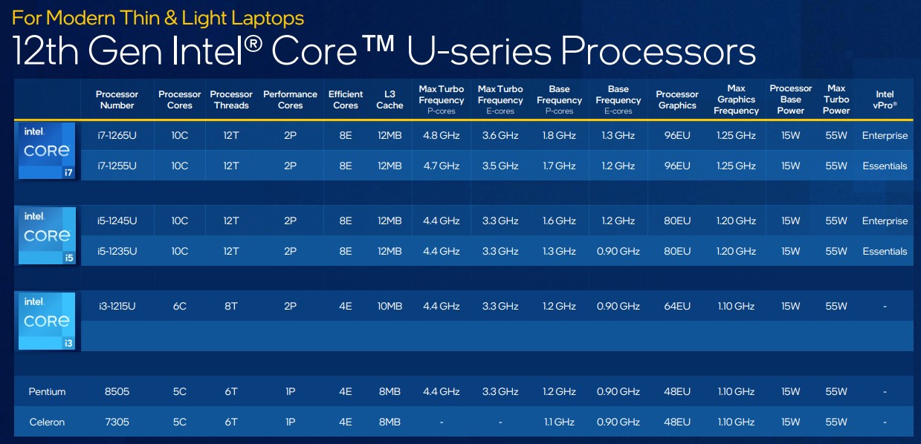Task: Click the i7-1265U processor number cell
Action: [117, 135]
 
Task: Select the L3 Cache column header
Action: [390, 99]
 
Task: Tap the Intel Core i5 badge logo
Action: [47, 235]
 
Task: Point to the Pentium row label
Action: [47, 391]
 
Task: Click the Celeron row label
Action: [47, 422]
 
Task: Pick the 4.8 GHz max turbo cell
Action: [442, 135]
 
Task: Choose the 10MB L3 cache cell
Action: [390, 306]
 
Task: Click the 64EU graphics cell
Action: [676, 306]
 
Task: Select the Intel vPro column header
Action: [885, 99]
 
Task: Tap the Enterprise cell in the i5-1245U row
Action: [885, 221]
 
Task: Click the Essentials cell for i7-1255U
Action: [885, 166]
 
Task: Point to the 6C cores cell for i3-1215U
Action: [180, 306]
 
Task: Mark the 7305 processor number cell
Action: [117, 422]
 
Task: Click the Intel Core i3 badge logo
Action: [47, 321]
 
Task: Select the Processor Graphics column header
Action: [676, 99]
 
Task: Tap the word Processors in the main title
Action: [659, 51]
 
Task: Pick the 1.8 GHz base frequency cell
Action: [559, 135]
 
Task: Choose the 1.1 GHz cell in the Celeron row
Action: [559, 422]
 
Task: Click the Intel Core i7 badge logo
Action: [47, 150]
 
